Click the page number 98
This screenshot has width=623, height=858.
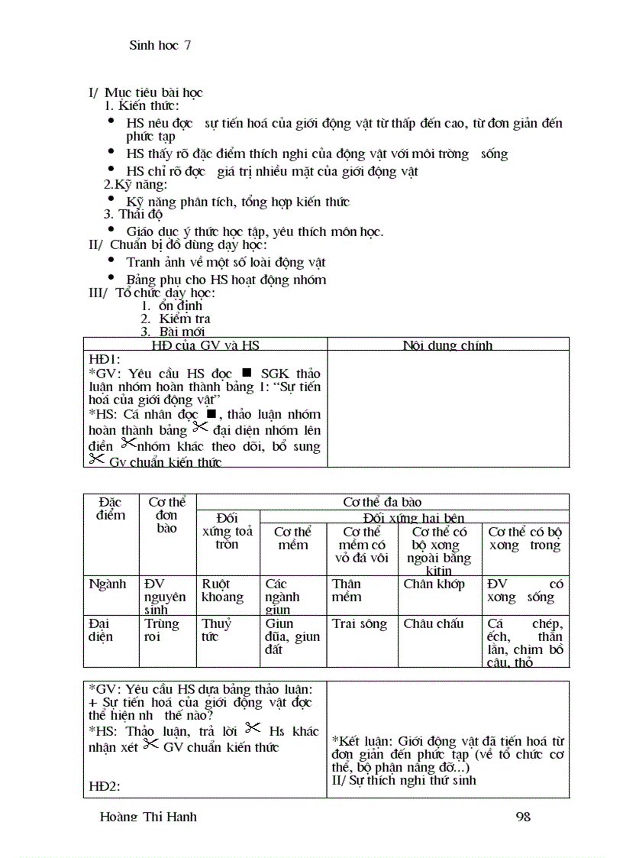tap(523, 817)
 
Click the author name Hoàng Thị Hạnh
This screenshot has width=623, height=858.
tap(148, 817)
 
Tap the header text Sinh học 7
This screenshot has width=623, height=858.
tap(160, 45)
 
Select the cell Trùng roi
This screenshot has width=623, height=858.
tap(162, 630)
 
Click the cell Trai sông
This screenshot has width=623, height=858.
tap(360, 624)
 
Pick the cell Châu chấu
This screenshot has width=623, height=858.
tap(434, 624)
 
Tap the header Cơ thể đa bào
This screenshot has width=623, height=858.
tap(382, 502)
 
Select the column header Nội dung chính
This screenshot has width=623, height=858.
tap(447, 345)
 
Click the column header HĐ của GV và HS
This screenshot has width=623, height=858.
tap(205, 345)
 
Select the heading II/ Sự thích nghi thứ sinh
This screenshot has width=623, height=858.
tap(404, 780)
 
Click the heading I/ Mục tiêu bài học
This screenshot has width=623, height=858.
tap(146, 93)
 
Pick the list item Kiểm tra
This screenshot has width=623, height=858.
tap(184, 319)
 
